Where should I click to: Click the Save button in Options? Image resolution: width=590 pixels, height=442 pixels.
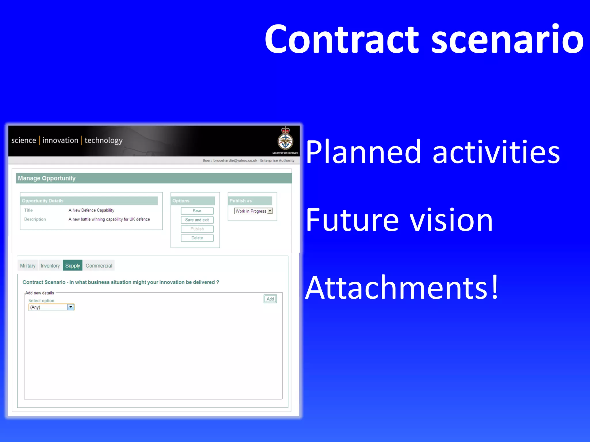[x=197, y=211]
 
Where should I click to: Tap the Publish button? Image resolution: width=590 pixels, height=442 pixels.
[x=197, y=229]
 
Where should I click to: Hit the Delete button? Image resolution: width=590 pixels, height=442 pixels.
[x=197, y=238]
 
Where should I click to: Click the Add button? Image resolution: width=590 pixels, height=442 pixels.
[x=270, y=299]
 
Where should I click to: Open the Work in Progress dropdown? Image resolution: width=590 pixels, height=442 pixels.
[x=270, y=211]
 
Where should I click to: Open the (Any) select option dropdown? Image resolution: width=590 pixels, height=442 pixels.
[x=71, y=307]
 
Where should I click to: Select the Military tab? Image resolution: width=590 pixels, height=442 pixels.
[x=28, y=266]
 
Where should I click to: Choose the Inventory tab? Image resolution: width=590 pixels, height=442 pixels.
[x=50, y=266]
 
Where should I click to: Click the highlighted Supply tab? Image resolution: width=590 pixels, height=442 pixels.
[x=73, y=266]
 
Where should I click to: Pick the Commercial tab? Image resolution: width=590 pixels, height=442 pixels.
[x=99, y=266]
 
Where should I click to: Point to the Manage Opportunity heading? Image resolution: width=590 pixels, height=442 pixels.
[x=47, y=178]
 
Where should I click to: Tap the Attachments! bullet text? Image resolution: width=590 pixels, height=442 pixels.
[x=402, y=288]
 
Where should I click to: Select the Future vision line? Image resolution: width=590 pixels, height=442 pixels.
[x=399, y=220]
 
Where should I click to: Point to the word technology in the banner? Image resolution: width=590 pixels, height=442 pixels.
[x=103, y=140]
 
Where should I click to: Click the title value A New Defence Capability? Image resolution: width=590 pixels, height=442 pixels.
[x=91, y=210]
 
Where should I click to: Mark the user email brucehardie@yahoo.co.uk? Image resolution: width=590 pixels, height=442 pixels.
[x=235, y=161]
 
